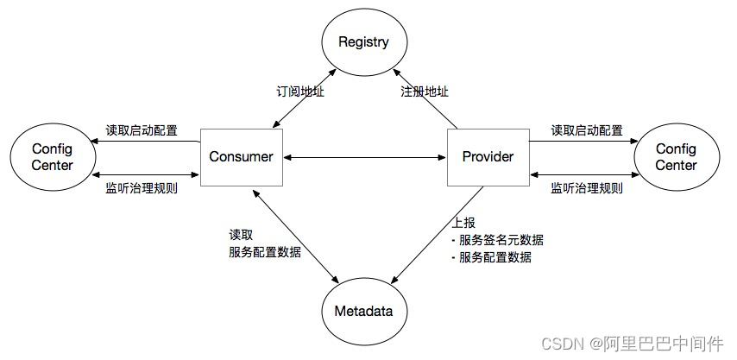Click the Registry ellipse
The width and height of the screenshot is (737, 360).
point(363,41)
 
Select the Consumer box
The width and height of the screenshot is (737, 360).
point(242,156)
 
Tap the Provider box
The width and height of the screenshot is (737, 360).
point(488,156)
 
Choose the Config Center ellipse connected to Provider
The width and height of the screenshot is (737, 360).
point(676,157)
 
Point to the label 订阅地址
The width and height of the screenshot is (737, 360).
point(299,90)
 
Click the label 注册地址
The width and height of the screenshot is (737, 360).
point(425,90)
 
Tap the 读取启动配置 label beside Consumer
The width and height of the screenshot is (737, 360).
point(142,130)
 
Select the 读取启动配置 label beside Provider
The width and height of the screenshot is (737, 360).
point(587,130)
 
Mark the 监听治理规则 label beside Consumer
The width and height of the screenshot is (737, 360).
point(142,187)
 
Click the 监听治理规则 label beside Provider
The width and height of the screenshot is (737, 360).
point(587,187)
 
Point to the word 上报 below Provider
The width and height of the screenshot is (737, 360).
point(463,222)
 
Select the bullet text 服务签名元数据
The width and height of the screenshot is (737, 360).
point(501,239)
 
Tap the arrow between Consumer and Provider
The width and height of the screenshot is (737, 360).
point(365,157)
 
